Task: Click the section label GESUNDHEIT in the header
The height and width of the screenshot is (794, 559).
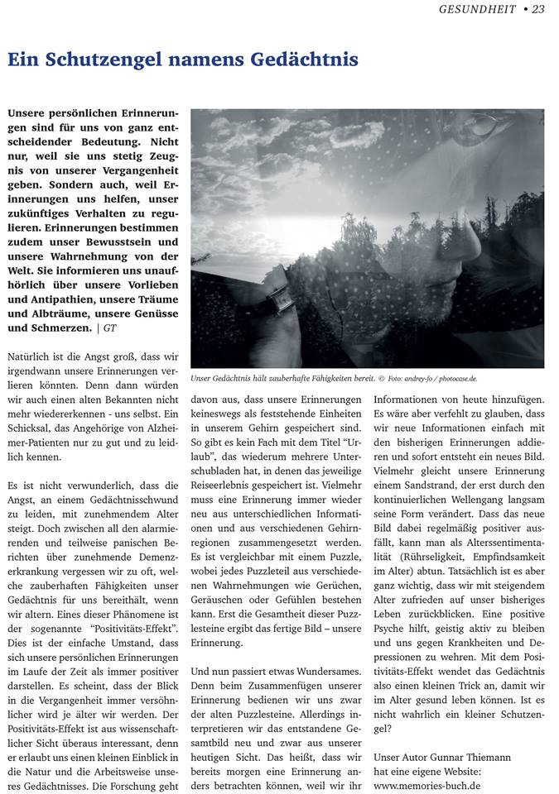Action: coord(476,9)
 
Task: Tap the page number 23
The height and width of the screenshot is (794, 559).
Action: coord(538,9)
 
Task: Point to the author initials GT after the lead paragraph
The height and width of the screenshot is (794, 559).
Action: coord(108,328)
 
